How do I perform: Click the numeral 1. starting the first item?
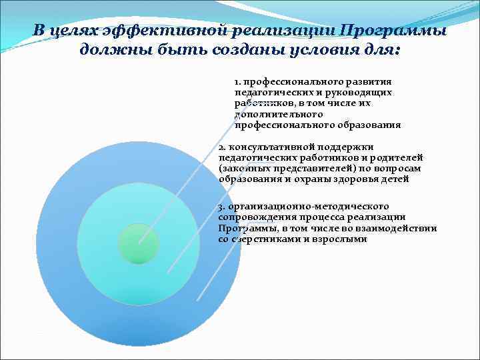coord(237,81)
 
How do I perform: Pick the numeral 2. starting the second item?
coord(223,147)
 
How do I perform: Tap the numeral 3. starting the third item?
coord(223,206)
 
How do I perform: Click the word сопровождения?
coord(254,217)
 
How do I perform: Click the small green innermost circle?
coord(138,243)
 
